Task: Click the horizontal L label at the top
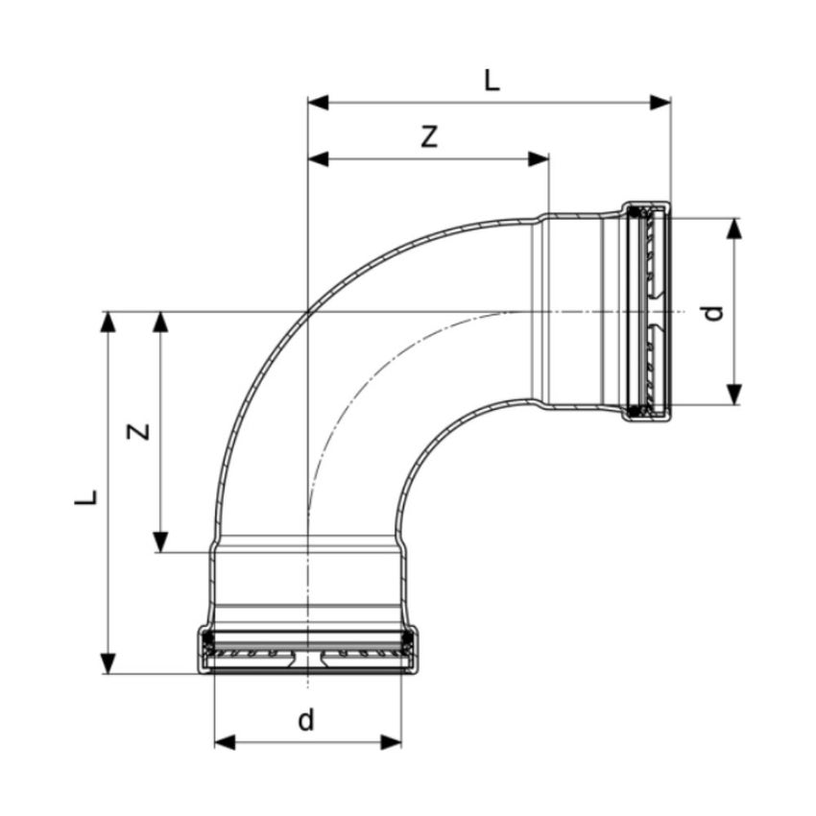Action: tap(491, 81)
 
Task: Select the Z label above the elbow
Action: tap(430, 137)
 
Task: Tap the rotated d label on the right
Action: tap(710, 312)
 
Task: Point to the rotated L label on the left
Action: tap(87, 496)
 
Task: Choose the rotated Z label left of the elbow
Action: tap(141, 431)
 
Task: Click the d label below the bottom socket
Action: tap(306, 720)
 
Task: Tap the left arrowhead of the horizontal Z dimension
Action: tap(318, 158)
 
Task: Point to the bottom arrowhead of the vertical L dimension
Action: tap(108, 662)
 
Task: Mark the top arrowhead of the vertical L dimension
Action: tap(108, 323)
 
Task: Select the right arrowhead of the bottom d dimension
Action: tap(391, 741)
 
